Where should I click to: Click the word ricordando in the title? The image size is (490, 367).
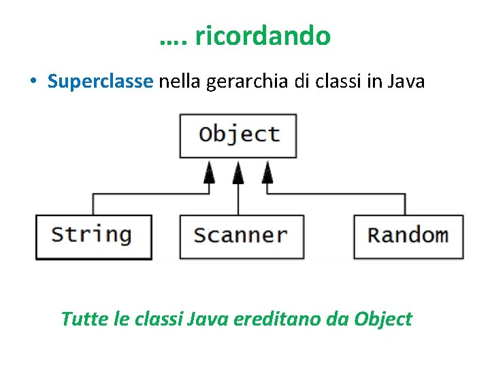tap(262, 36)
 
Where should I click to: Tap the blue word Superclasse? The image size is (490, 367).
tap(100, 82)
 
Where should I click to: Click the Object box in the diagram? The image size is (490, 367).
tap(238, 135)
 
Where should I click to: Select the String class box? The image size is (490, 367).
tap(93, 236)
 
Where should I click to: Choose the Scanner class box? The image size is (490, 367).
tap(241, 236)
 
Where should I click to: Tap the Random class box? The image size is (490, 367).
tap(408, 236)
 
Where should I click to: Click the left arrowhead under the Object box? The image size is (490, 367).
tap(209, 175)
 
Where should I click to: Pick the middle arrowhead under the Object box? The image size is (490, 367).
tap(238, 175)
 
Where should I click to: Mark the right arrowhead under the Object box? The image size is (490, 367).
tap(267, 175)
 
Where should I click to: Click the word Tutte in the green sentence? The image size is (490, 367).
tap(79, 319)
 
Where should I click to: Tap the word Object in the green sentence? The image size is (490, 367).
tap(383, 319)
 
